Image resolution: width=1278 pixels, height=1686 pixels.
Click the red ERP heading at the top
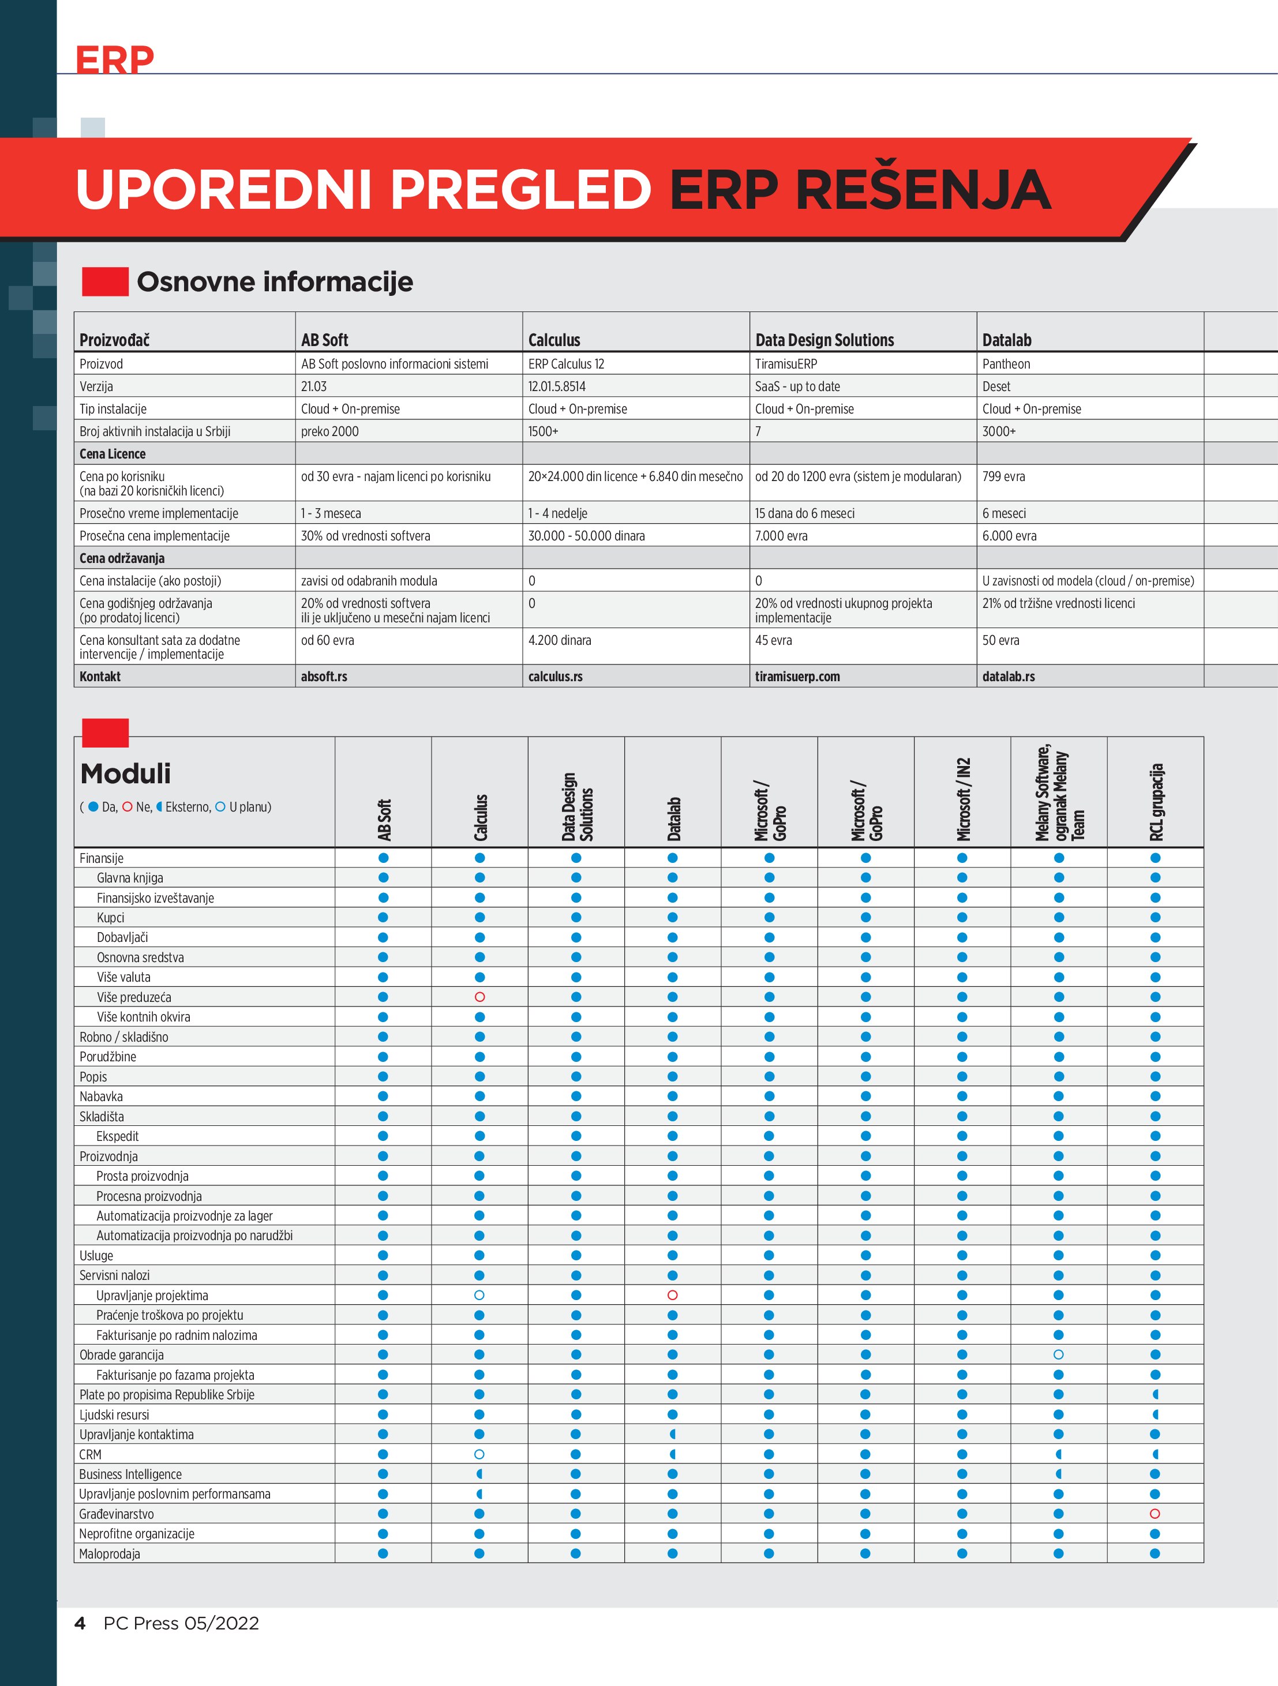tap(114, 59)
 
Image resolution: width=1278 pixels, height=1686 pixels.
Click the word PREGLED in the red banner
tap(521, 189)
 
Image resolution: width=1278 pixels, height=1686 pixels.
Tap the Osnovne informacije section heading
tap(275, 282)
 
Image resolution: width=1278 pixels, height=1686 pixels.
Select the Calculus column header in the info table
tap(554, 340)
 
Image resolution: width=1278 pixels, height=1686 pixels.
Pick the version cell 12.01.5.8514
tap(557, 386)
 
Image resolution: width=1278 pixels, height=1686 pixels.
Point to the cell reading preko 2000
tap(329, 431)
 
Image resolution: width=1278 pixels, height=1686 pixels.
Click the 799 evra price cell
tap(1003, 476)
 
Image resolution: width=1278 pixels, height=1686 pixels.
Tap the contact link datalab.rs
tap(1008, 676)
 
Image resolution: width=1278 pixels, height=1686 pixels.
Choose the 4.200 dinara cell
tap(560, 640)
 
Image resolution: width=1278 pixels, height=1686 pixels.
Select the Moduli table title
tap(125, 773)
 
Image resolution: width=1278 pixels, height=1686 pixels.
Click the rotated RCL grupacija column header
tap(1156, 802)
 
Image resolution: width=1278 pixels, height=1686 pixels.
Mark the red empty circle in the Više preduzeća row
tap(479, 997)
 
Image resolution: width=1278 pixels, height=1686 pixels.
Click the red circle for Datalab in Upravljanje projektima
tap(673, 1295)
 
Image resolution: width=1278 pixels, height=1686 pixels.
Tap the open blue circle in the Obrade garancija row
tap(1058, 1354)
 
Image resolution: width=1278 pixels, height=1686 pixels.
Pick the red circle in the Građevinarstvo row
tap(1155, 1514)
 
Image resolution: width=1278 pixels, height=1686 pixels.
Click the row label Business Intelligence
tap(130, 1474)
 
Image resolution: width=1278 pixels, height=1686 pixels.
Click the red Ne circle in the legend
tap(128, 806)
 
